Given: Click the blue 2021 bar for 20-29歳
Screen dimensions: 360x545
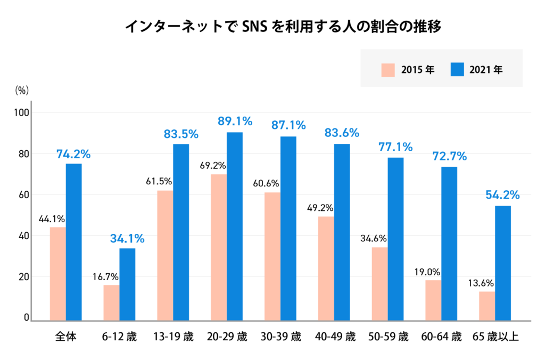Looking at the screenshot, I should (x=235, y=226).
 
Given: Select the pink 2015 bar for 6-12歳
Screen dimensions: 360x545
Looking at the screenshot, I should (x=111, y=302).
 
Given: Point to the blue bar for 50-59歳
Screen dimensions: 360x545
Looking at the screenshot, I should (x=395, y=239).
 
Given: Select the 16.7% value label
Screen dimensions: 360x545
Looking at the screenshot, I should (x=105, y=276).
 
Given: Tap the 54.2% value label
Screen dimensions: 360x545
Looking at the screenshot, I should (x=502, y=195).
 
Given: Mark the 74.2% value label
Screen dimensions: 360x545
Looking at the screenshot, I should (x=73, y=154).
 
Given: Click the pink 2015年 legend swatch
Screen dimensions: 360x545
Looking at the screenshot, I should (x=388, y=70).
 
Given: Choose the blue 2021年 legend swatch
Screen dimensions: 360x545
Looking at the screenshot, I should (x=457, y=70).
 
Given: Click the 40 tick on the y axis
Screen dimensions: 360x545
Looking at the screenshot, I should (x=25, y=235).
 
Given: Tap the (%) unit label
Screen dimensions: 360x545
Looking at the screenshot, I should (x=22, y=90).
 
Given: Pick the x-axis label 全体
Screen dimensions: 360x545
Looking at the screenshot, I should (x=65, y=337).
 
